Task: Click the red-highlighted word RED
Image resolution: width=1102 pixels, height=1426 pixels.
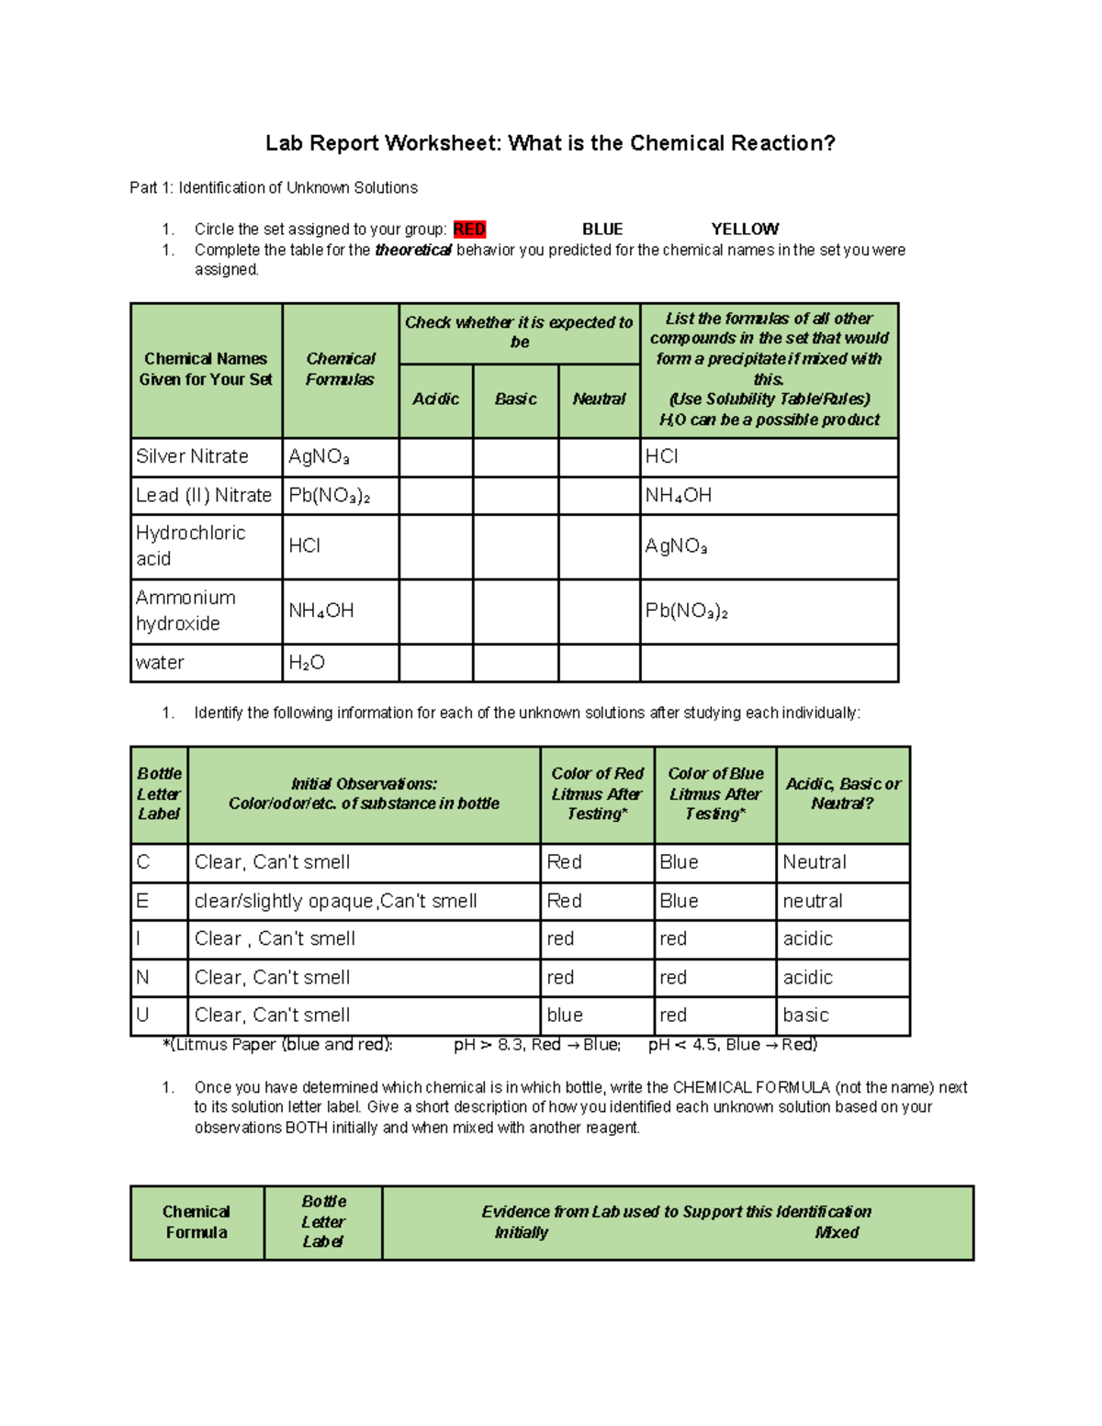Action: point(469,229)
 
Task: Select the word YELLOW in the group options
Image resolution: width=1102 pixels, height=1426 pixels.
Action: point(744,229)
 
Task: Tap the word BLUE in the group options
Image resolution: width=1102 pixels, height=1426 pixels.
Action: point(602,229)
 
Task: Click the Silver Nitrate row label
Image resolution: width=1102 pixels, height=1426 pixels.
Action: point(193,456)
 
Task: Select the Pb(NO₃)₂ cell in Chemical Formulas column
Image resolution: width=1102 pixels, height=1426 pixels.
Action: point(329,496)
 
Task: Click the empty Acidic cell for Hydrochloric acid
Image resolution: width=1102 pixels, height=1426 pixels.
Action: point(436,546)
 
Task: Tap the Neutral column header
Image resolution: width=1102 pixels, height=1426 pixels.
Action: point(599,399)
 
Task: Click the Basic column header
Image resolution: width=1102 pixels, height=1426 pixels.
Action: point(515,399)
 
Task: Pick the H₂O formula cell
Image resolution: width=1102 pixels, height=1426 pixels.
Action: point(307,663)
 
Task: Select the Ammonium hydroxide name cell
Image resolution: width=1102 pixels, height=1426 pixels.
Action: point(186,611)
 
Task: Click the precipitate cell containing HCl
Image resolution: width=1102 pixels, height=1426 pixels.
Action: point(662,456)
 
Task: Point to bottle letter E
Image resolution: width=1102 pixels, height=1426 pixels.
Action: point(142,901)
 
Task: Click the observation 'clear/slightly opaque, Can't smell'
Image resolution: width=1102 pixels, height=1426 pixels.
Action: point(335,901)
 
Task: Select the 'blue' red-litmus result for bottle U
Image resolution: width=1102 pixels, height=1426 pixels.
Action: point(565,1015)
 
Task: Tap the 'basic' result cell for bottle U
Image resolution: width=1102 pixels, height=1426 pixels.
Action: point(806,1015)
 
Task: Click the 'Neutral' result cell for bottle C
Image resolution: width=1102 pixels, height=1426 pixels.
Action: point(815,862)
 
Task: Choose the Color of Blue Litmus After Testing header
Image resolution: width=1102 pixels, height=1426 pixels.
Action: point(715,793)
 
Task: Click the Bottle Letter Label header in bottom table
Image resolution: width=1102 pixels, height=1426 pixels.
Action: point(323,1221)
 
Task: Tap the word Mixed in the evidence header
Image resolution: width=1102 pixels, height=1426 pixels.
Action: point(837,1232)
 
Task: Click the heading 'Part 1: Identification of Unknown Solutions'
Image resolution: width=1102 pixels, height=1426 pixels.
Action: point(274,187)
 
